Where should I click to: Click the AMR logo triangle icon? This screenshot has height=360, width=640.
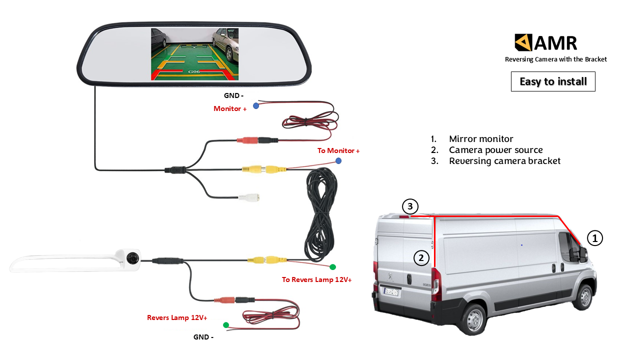[x=523, y=42]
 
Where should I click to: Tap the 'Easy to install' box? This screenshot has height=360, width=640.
[x=553, y=81]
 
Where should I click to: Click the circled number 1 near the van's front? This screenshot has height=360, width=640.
[x=594, y=238]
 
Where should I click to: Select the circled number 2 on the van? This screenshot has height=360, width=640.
[x=421, y=258]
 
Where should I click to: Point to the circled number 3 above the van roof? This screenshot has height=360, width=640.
[x=409, y=206]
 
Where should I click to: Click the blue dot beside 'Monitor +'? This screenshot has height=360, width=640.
[x=256, y=105]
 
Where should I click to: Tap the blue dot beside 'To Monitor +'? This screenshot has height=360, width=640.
[x=338, y=160]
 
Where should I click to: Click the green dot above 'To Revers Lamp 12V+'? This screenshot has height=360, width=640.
[x=333, y=267]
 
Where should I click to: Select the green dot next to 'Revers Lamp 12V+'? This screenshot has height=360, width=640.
[x=226, y=325]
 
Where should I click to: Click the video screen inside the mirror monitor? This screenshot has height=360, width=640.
[x=194, y=54]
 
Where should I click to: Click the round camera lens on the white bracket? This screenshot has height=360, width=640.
[x=132, y=258]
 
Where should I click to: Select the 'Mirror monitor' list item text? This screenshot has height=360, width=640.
[x=481, y=139]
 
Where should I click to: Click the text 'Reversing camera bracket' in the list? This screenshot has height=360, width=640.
[x=504, y=161]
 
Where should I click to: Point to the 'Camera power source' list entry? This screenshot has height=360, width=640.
[x=495, y=150]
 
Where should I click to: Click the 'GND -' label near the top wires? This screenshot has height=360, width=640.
[x=233, y=95]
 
